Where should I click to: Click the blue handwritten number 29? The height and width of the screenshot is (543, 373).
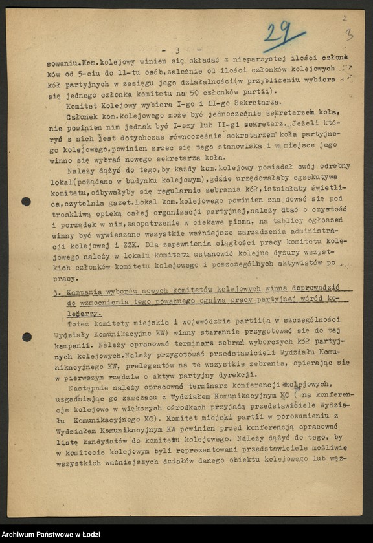coord(283,34)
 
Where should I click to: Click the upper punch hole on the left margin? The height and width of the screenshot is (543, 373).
coord(26,202)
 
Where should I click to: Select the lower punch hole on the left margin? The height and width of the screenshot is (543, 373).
coord(27,337)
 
